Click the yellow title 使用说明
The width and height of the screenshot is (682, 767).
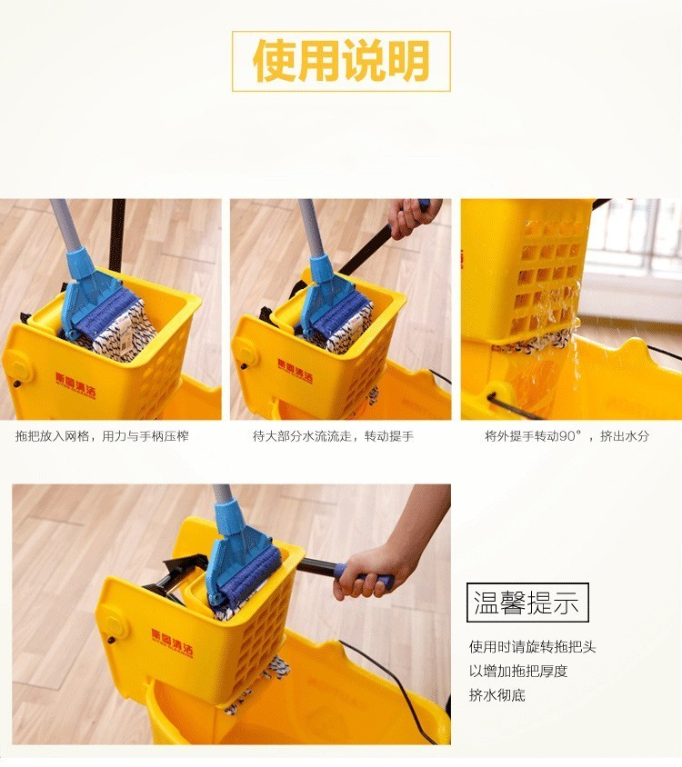tap(341, 61)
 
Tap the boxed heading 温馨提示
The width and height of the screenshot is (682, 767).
tap(527, 603)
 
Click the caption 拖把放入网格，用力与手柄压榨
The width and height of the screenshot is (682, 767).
tap(102, 436)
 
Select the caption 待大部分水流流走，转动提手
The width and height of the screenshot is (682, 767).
tap(333, 436)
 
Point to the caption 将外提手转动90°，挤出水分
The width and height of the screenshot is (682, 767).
tap(567, 436)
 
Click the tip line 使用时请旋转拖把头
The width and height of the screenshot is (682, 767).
tap(532, 647)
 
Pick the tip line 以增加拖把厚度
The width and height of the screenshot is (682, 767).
tap(518, 671)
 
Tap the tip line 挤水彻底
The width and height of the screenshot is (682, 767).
tap(496, 694)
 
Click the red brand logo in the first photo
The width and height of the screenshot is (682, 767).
tap(75, 385)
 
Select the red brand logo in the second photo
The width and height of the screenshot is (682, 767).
tap(295, 371)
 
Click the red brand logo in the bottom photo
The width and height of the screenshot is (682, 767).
tap(172, 643)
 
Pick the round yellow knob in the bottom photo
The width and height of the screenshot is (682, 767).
tap(116, 624)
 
